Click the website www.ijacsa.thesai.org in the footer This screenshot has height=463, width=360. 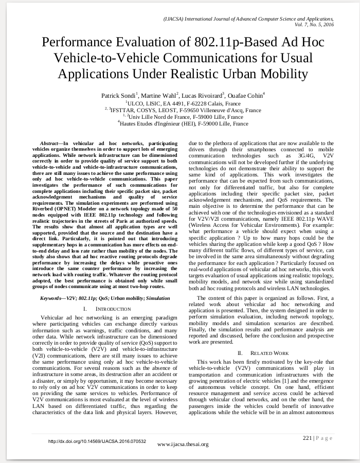[x=183, y=444]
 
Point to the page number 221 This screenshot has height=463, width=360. [x=307, y=438]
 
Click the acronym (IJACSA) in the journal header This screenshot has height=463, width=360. [x=174, y=18]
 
